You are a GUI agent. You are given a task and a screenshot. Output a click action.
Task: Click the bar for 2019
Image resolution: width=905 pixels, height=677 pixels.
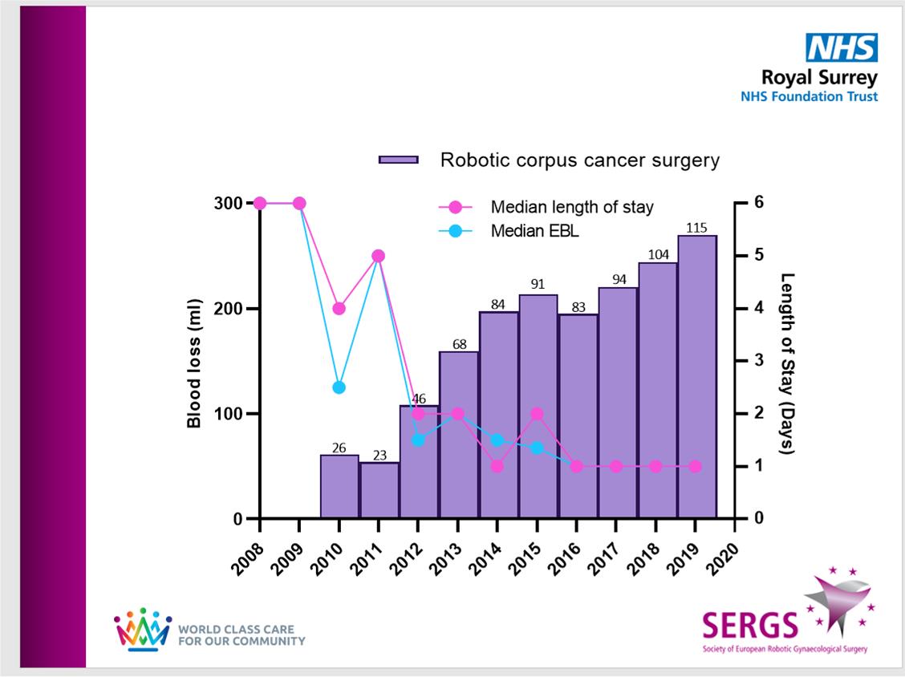click(697, 377)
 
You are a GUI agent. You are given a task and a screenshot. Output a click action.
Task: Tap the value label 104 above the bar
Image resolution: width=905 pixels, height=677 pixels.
click(658, 253)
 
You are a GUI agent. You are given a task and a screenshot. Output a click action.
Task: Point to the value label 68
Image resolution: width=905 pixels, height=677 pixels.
click(459, 343)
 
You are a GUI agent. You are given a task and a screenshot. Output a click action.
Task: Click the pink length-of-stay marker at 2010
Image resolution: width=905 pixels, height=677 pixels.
click(339, 308)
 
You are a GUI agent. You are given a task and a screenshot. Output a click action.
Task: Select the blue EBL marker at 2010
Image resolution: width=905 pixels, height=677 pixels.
click(339, 387)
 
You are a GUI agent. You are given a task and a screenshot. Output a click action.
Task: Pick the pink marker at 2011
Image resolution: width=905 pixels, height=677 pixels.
click(379, 256)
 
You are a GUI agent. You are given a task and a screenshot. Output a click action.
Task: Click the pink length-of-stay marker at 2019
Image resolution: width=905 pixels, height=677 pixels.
click(696, 466)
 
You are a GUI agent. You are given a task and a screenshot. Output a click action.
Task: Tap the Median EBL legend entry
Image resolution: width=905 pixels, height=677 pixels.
click(534, 231)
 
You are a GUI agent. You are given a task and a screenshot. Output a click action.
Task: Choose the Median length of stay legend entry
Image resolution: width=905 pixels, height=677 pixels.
click(572, 207)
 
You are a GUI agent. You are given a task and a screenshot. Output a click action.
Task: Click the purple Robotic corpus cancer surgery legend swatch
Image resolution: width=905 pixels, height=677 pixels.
click(399, 160)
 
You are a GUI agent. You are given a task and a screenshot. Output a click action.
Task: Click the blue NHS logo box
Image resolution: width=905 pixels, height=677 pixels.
click(842, 48)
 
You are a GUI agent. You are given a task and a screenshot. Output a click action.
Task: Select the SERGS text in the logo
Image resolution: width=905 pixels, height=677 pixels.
click(750, 622)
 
